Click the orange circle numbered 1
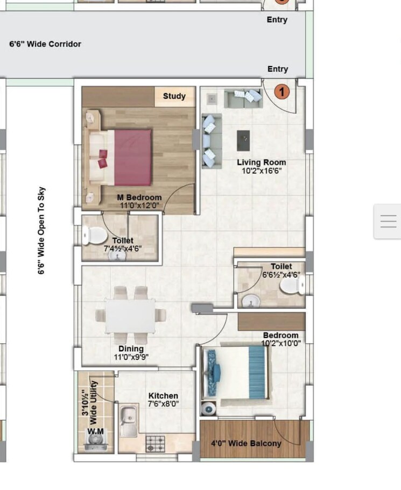click(x=282, y=91)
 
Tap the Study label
click(x=174, y=96)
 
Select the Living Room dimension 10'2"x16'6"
click(x=262, y=171)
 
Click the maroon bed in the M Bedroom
click(x=131, y=158)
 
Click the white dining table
click(x=130, y=316)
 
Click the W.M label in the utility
click(x=96, y=431)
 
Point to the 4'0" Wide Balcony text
click(x=246, y=444)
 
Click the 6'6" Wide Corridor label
click(x=45, y=44)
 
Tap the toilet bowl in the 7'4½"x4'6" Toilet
click(x=95, y=236)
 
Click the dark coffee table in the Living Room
click(x=244, y=140)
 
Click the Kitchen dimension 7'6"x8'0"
click(x=164, y=404)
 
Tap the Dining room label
click(x=131, y=349)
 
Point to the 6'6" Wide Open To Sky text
click(x=41, y=231)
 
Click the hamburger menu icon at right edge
click(x=388, y=221)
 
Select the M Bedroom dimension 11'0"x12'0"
click(x=139, y=205)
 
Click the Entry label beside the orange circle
click(x=277, y=69)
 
